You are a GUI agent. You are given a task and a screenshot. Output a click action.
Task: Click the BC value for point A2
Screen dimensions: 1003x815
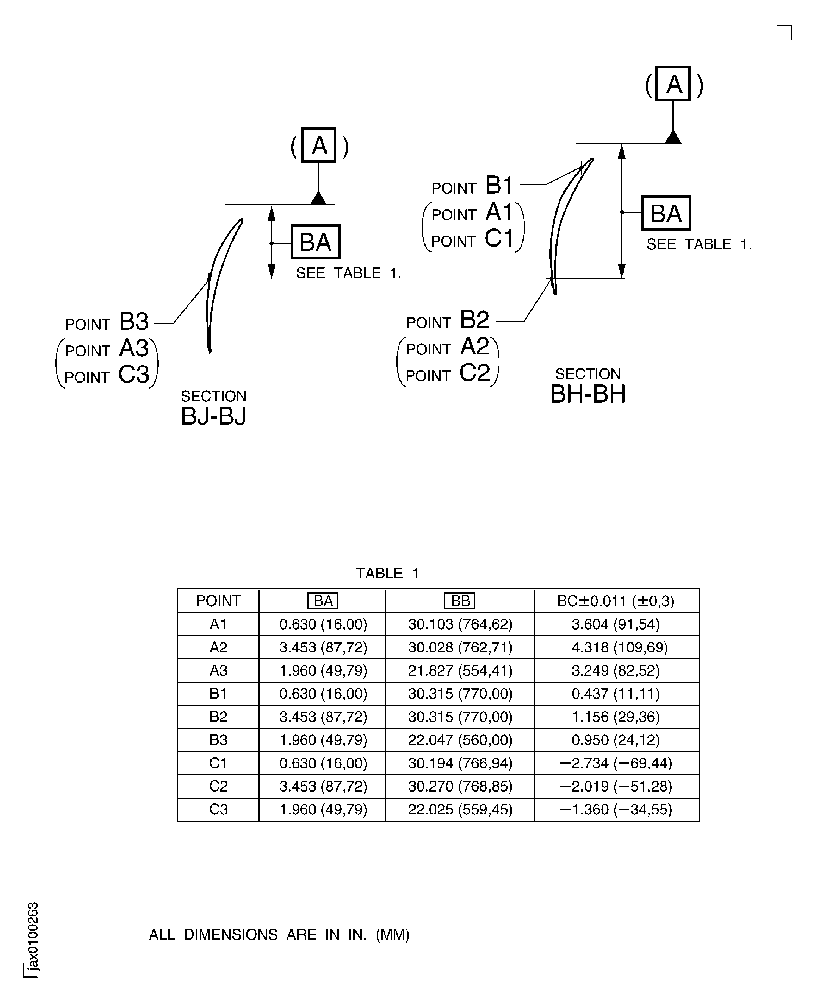(616, 647)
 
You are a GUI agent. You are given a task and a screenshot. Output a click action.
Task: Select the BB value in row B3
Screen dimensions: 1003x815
(460, 740)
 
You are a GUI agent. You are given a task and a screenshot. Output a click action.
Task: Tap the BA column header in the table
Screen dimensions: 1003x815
(323, 601)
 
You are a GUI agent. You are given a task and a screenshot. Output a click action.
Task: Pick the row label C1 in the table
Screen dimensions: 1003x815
(218, 763)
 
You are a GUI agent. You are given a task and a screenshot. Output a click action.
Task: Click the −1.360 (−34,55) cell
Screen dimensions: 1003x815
(616, 809)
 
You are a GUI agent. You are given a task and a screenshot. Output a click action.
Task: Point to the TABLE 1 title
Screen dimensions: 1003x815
(387, 573)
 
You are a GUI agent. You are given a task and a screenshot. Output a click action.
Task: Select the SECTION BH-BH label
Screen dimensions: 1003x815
(588, 386)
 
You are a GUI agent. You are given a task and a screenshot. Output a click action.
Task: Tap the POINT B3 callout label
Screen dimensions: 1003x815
(107, 323)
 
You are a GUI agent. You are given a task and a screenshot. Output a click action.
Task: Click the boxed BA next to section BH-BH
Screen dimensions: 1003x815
(666, 214)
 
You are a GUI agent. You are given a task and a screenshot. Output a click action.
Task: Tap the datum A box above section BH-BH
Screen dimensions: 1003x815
(673, 84)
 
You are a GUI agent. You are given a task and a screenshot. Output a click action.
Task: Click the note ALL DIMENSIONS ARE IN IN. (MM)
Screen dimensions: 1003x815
(279, 935)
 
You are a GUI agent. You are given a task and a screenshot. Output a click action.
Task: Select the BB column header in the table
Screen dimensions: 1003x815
(460, 601)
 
